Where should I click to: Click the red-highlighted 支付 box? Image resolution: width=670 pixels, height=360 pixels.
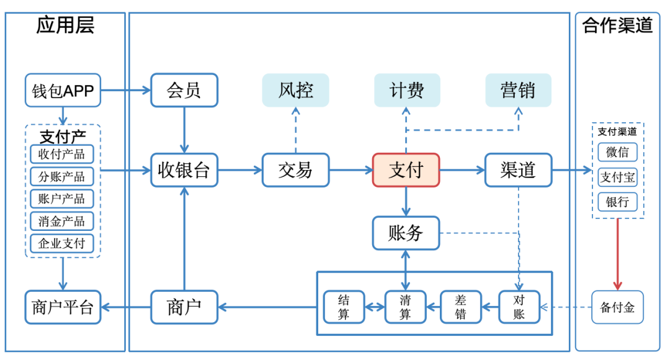pyautogui.click(x=406, y=170)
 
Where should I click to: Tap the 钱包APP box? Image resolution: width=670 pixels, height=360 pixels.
pyautogui.click(x=63, y=90)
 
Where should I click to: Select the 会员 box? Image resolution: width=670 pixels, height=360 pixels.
pyautogui.click(x=184, y=90)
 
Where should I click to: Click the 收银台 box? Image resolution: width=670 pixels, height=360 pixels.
pyautogui.click(x=184, y=170)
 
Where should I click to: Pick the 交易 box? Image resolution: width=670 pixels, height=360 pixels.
pyautogui.click(x=296, y=170)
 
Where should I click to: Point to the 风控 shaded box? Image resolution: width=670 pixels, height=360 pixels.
pyautogui.click(x=296, y=90)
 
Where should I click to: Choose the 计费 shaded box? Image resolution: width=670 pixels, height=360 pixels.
pyautogui.click(x=407, y=90)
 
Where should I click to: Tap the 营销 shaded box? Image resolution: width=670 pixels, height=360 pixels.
pyautogui.click(x=518, y=90)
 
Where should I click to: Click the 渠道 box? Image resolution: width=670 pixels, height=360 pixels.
pyautogui.click(x=518, y=170)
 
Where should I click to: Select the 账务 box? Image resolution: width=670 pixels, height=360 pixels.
pyautogui.click(x=406, y=233)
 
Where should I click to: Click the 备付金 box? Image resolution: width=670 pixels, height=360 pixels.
pyautogui.click(x=617, y=307)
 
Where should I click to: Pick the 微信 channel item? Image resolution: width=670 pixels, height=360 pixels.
pyautogui.click(x=617, y=152)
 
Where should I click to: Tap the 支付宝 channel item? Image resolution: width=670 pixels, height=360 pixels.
pyautogui.click(x=617, y=178)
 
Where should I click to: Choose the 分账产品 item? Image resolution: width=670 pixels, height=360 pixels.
pyautogui.click(x=62, y=176)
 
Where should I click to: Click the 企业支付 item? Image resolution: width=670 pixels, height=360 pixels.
pyautogui.click(x=62, y=244)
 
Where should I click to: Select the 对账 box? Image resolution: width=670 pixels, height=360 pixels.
pyautogui.click(x=519, y=307)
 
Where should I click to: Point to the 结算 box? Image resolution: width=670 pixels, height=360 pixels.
pyautogui.click(x=344, y=307)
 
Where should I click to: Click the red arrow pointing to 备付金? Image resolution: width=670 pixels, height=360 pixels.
pyautogui.click(x=617, y=254)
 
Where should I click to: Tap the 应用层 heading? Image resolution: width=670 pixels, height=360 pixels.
pyautogui.click(x=65, y=25)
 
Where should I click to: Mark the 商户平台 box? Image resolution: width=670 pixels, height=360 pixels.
pyautogui.click(x=63, y=307)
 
